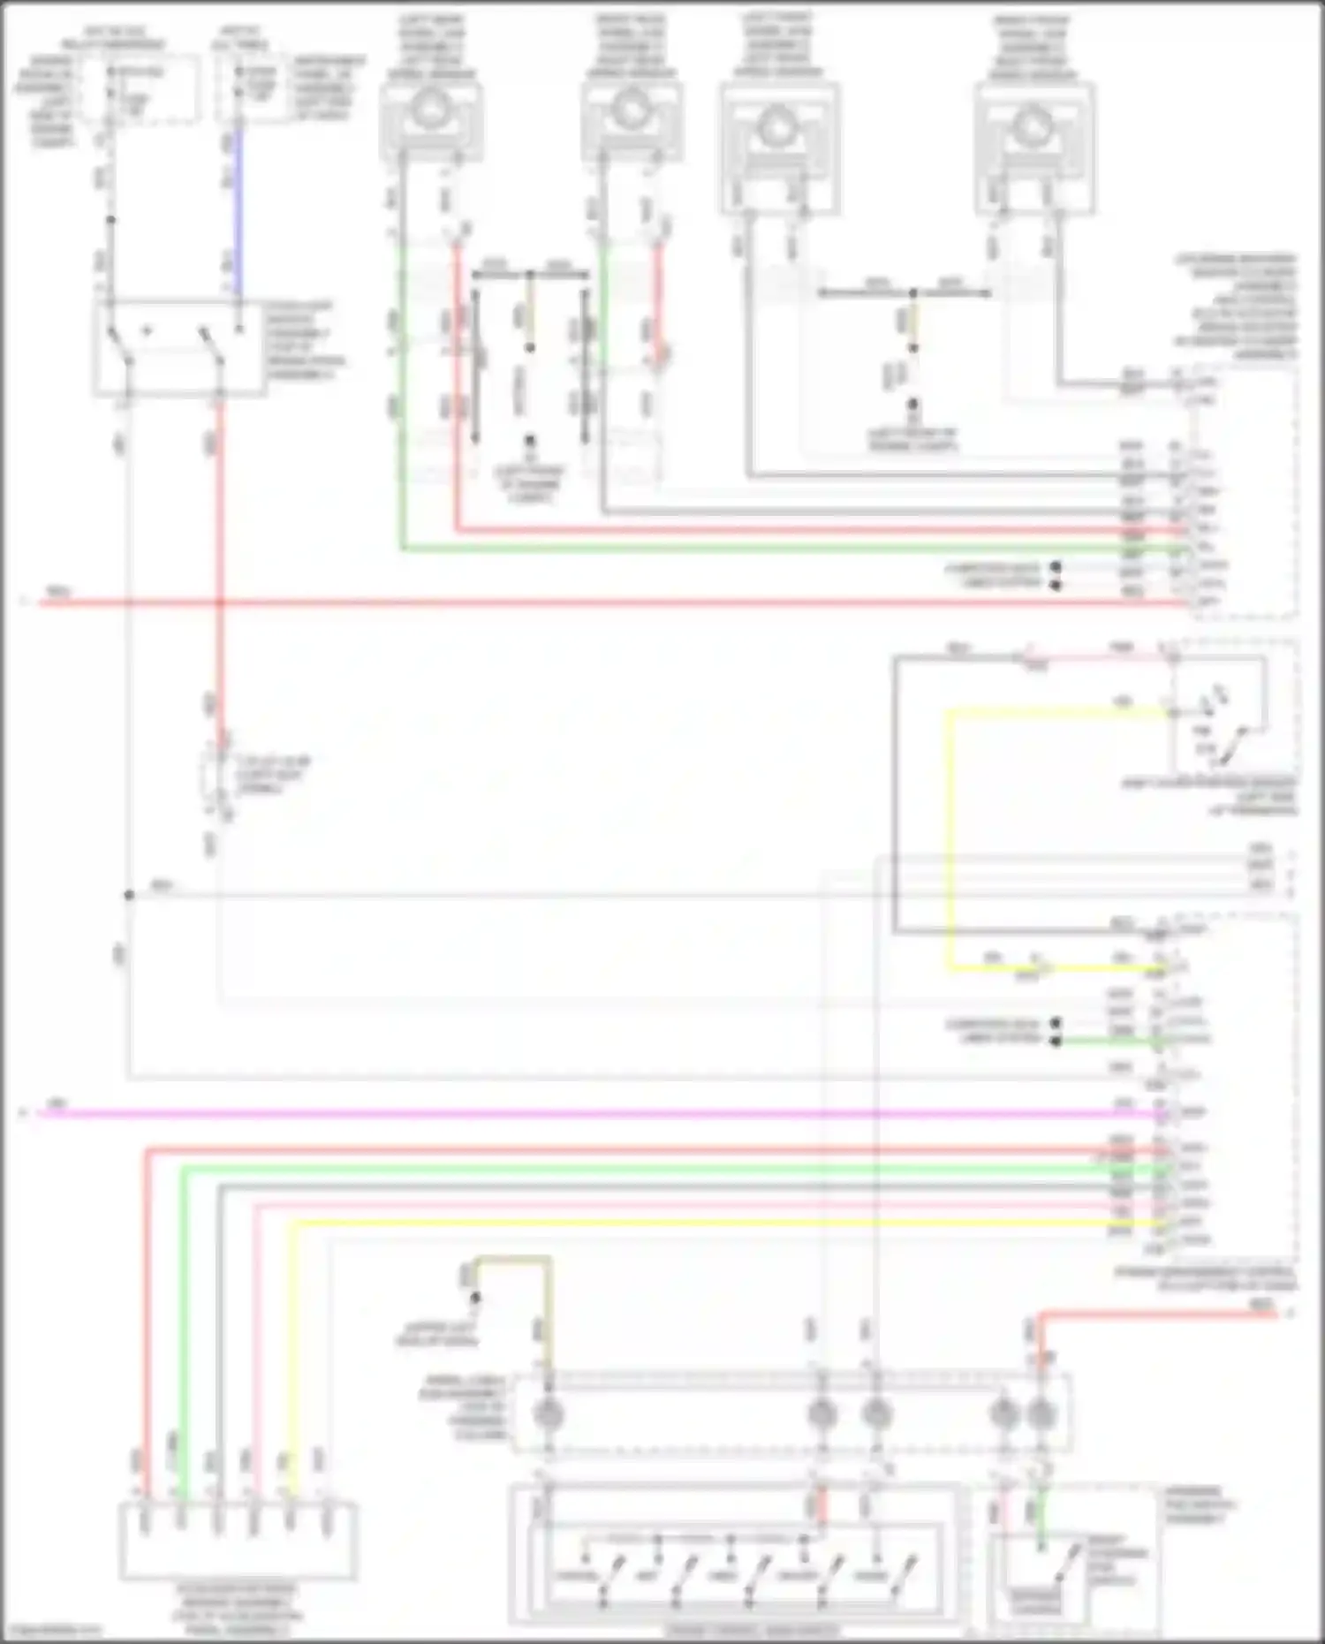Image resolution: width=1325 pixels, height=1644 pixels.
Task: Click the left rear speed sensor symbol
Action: click(x=430, y=114)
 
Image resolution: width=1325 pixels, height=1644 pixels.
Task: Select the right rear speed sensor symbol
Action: click(x=630, y=114)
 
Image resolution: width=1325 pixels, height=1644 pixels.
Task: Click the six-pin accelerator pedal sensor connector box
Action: click(x=238, y=1541)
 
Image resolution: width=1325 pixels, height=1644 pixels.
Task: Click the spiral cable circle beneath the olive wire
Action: click(x=548, y=1414)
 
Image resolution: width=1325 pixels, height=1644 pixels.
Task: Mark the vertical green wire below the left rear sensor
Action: click(x=402, y=398)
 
